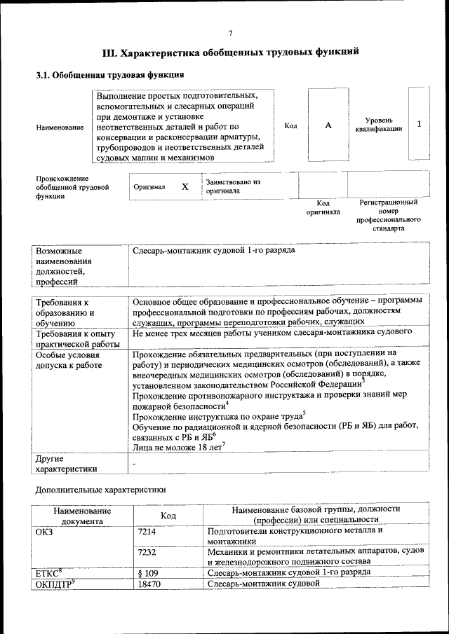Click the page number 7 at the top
229,32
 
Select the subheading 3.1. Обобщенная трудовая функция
110,75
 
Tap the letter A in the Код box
328,125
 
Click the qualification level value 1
419,124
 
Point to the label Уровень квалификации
379,125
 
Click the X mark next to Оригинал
185,187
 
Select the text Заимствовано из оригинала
233,186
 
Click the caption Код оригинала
323,207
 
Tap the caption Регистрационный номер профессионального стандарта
389,215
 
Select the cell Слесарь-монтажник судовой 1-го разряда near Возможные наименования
214,250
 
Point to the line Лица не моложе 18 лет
177,446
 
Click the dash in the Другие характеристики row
135,464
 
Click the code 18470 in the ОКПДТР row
150,583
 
